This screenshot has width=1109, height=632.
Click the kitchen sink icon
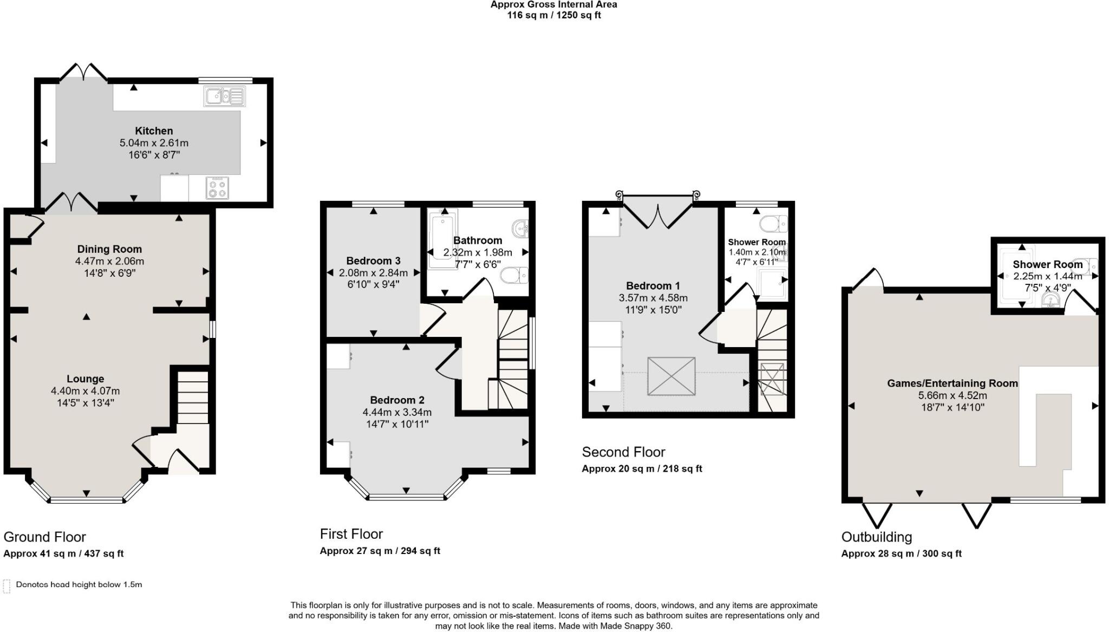pos(224,96)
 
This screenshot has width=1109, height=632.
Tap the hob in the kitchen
pos(217,188)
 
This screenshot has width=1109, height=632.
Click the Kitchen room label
pos(154,131)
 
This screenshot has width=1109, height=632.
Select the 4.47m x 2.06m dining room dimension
pos(109,261)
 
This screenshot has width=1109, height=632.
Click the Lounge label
pos(86,379)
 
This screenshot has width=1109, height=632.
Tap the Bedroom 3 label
pos(374,260)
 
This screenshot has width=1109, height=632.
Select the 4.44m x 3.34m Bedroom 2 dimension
pos(397,412)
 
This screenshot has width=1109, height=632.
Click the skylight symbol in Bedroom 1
pos(671,376)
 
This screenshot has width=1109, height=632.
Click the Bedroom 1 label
pos(653,285)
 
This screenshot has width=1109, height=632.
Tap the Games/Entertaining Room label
pos(953,383)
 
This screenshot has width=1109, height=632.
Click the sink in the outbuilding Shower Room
pos(1051,301)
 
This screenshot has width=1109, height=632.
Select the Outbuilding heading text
pos(876,537)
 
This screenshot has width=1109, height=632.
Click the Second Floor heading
pos(623,452)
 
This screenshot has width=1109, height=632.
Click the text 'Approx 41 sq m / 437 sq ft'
pos(63,553)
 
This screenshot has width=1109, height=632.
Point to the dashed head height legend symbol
pos(6,585)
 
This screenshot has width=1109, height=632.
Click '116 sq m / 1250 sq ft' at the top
pos(553,15)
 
